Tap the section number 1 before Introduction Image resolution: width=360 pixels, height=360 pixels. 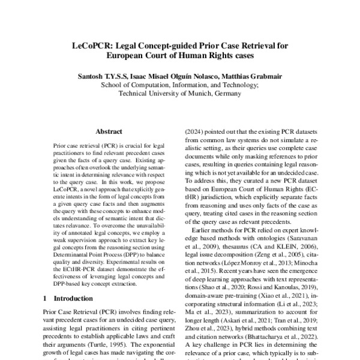tap(46, 314)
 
